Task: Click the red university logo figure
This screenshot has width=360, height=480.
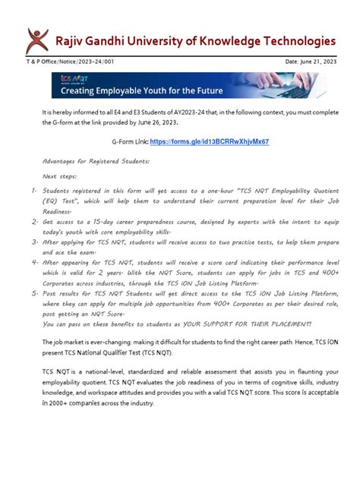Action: (x=35, y=39)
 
